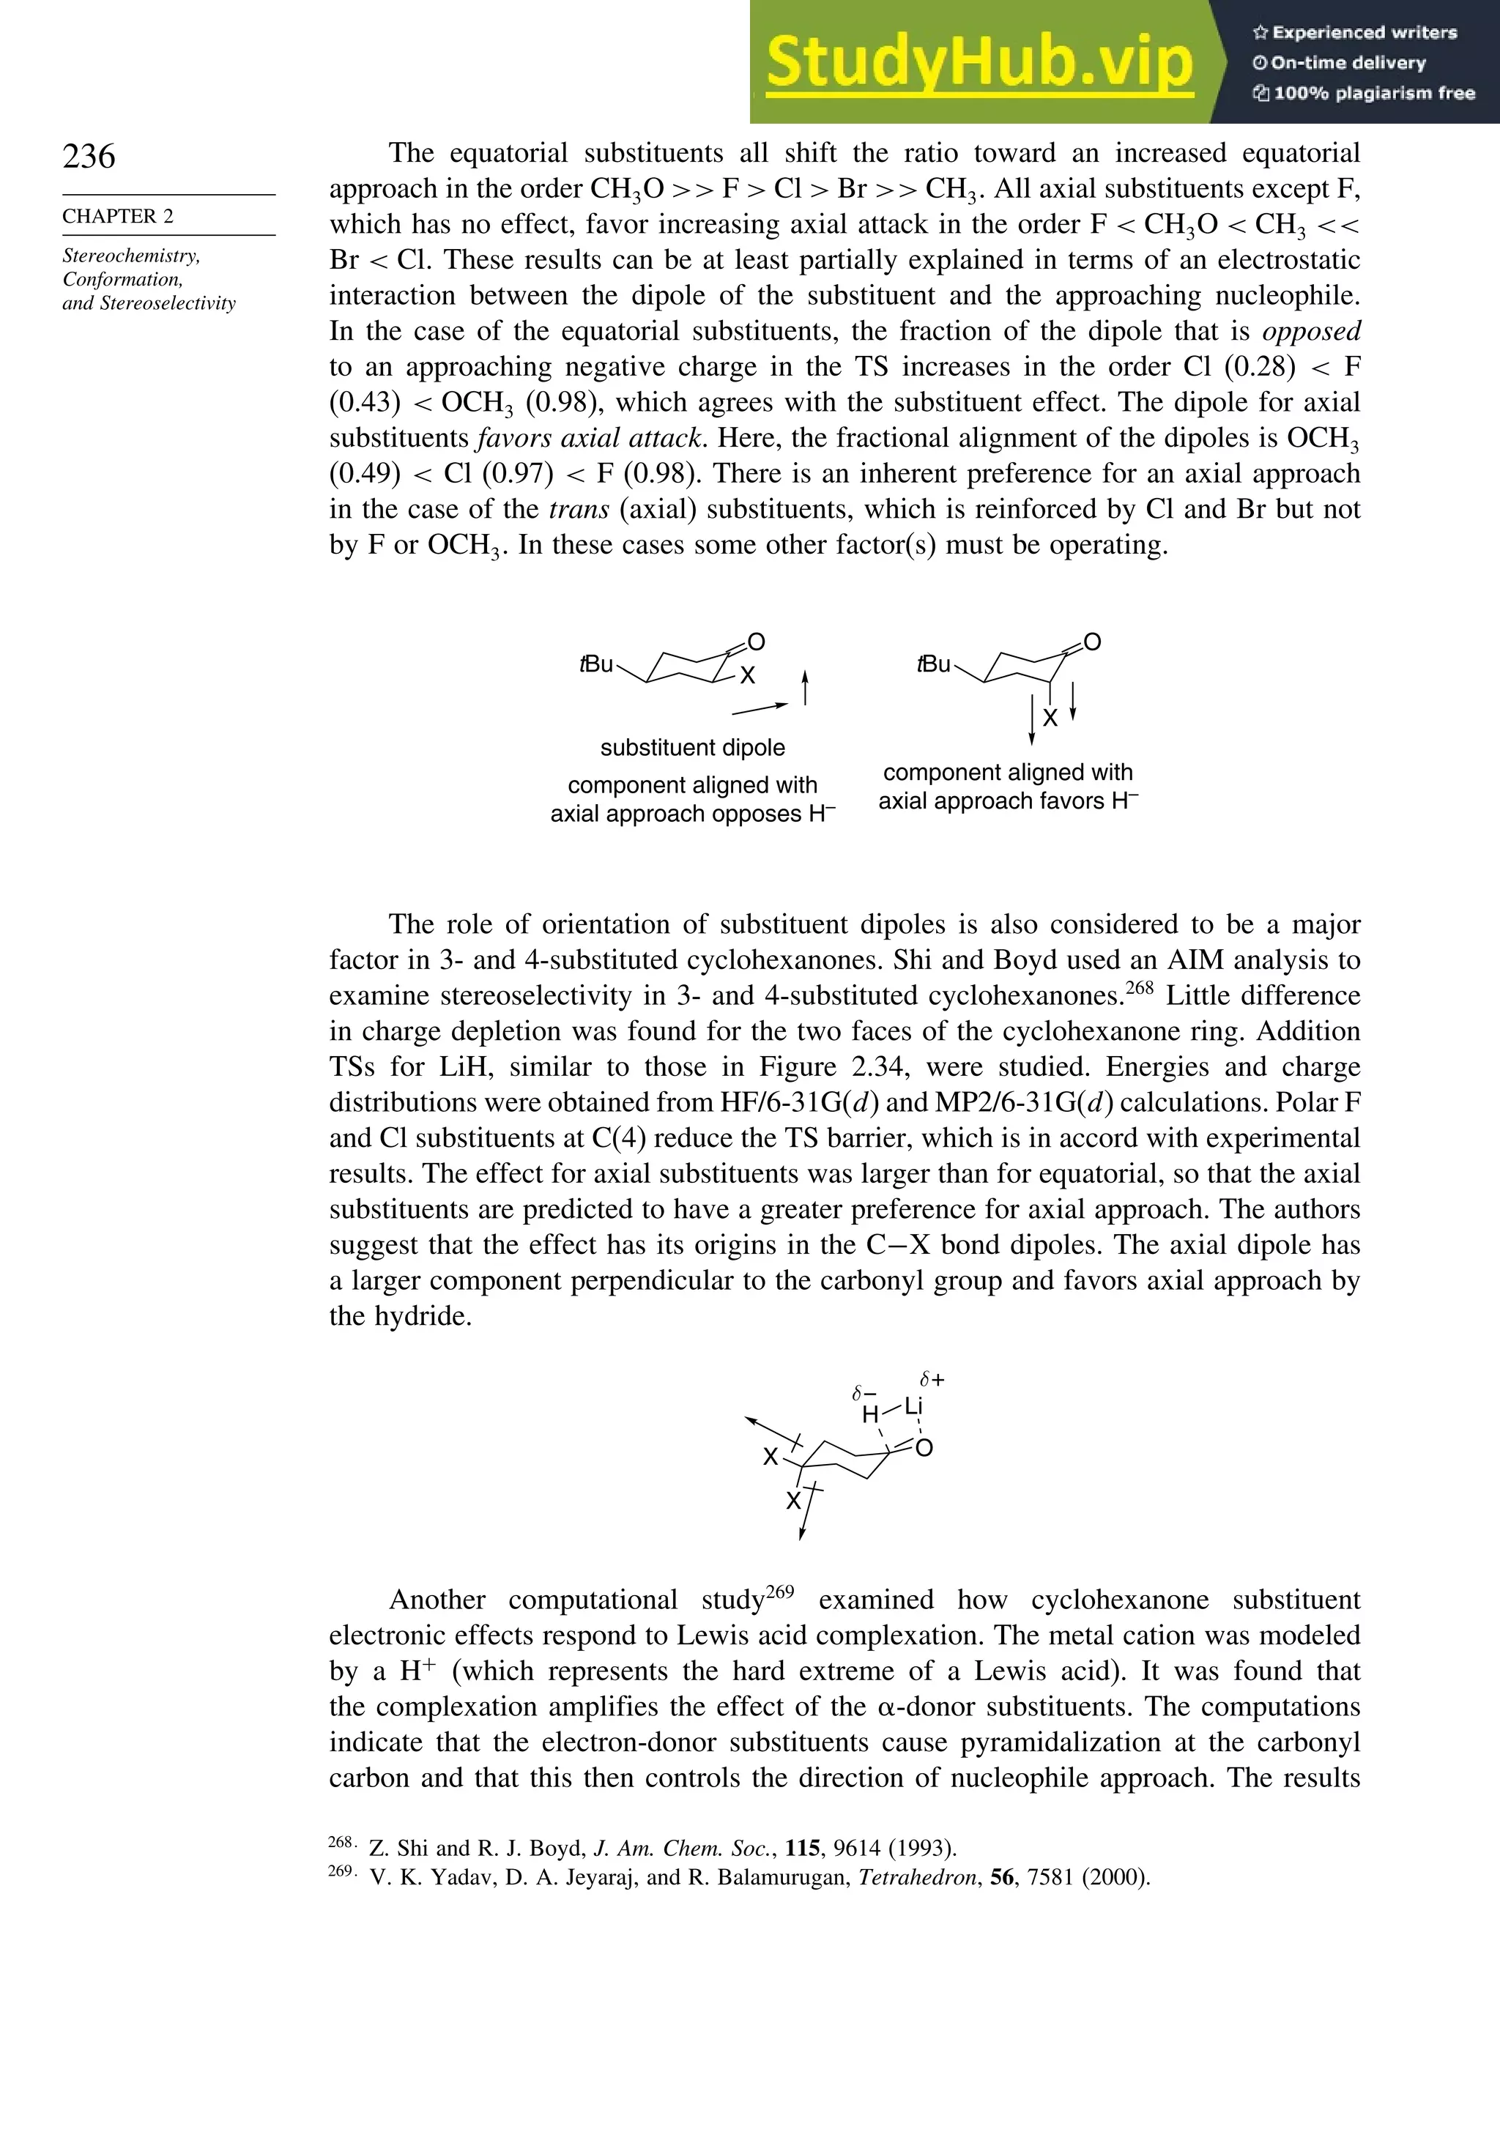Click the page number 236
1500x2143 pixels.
89,156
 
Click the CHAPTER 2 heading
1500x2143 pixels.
118,217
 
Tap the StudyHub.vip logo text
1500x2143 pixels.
979,62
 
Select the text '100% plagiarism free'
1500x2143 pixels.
1373,93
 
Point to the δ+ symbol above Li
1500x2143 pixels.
932,1378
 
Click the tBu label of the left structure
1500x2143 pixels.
596,664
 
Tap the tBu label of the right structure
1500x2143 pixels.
933,664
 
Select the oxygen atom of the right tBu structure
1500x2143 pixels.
1092,642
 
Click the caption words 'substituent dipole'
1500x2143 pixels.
693,748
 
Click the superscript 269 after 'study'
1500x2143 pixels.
780,1592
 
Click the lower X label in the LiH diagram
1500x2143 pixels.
792,1500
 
